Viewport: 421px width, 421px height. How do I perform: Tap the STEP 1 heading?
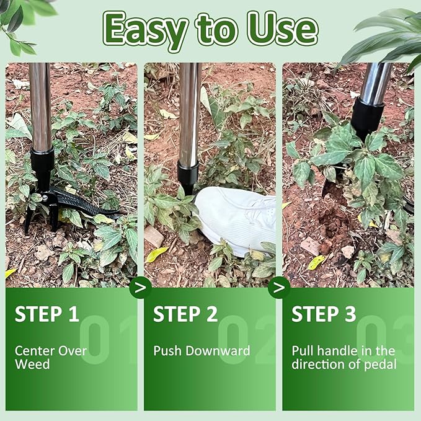pyautogui.click(x=47, y=314)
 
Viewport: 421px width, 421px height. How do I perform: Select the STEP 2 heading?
pyautogui.click(x=185, y=314)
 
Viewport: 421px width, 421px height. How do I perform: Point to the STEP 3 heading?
pyautogui.click(x=324, y=314)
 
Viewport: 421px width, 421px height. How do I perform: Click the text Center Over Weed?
pyautogui.click(x=51, y=357)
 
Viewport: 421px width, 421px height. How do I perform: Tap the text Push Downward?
pyautogui.click(x=202, y=351)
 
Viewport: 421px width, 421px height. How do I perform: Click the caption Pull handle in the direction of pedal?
pyautogui.click(x=343, y=357)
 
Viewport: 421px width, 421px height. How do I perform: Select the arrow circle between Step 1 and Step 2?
pyautogui.click(x=141, y=288)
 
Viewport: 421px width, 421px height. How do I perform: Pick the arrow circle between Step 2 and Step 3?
pyautogui.click(x=279, y=288)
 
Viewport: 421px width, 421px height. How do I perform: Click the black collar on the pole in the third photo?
pyautogui.click(x=367, y=118)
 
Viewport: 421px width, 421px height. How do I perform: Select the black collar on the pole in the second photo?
pyautogui.click(x=187, y=175)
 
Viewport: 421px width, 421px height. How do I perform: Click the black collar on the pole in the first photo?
pyautogui.click(x=42, y=162)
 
